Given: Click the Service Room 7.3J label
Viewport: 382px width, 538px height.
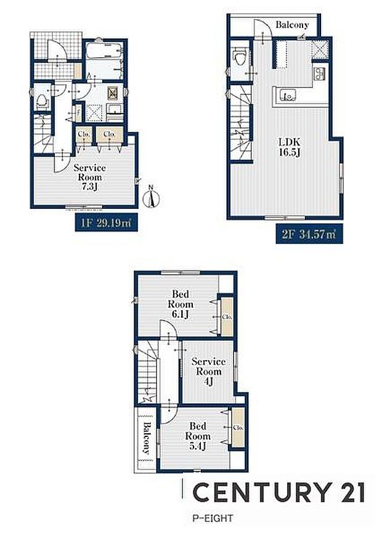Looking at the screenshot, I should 90,177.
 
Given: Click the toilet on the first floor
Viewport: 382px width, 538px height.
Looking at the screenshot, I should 42,100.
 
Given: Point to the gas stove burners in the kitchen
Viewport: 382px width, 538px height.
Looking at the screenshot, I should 320,75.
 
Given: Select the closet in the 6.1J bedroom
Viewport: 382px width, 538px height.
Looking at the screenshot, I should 227,316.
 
